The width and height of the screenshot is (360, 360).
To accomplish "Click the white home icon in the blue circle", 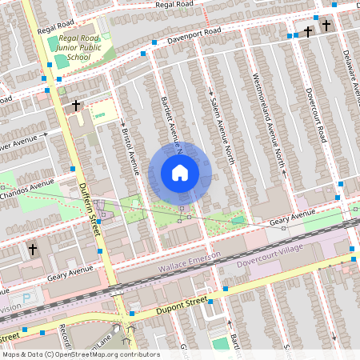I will point(180,172).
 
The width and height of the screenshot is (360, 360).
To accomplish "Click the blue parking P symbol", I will point(26,298).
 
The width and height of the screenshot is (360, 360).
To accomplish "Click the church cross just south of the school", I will point(76,106).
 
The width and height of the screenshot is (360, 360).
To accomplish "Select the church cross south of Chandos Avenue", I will point(33,250).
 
